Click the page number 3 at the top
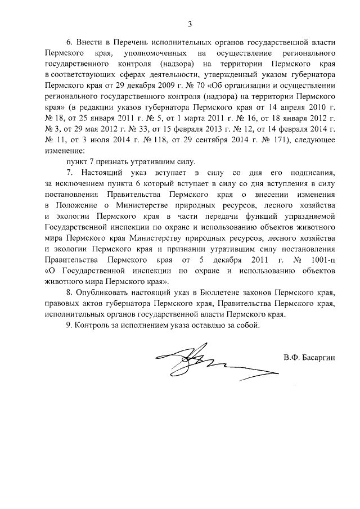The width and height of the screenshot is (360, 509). pyautogui.click(x=190, y=24)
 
